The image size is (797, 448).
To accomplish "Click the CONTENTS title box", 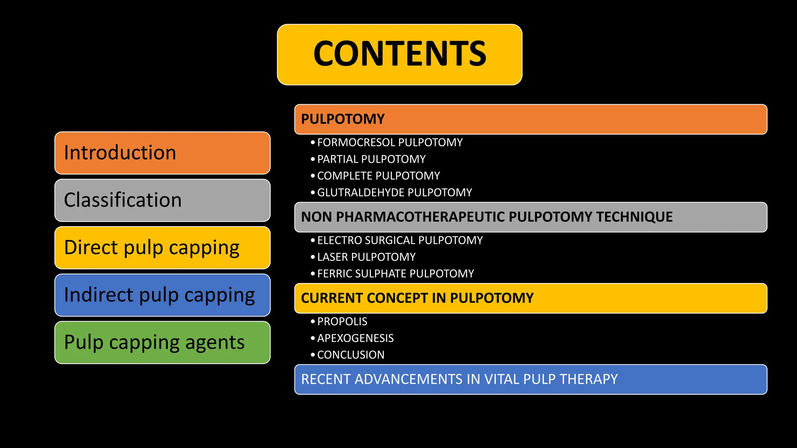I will point(399,54).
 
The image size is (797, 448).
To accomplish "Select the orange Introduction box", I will point(162,153).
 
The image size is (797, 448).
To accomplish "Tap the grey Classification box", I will point(162,200).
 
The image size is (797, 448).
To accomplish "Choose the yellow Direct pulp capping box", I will point(162,248).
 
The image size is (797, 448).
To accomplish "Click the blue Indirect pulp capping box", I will point(162,295).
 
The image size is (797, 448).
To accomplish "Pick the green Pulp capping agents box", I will point(162,343).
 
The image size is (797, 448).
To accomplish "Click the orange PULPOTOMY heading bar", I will point(530,119).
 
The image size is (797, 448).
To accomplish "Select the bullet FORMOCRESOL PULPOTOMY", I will point(390,142).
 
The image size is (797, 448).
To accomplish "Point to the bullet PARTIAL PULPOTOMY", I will point(371,159).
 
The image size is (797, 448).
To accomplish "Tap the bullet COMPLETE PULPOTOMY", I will point(378,176).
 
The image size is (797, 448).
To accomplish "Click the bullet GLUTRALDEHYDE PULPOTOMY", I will point(394,192).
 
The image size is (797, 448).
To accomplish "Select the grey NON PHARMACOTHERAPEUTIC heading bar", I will point(530,217).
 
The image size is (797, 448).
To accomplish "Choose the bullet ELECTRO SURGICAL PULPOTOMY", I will point(400,240).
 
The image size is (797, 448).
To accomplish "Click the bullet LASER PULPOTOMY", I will point(366,257).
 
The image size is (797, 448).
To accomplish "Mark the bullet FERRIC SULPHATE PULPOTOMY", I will point(395,274).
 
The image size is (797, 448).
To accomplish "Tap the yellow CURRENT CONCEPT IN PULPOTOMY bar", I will point(530,298).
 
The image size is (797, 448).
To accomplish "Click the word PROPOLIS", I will point(342,322).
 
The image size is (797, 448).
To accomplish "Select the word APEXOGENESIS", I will point(355,338).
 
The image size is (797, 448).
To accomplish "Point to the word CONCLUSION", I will point(351,355).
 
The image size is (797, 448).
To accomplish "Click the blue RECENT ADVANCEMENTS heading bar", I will point(530,380).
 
